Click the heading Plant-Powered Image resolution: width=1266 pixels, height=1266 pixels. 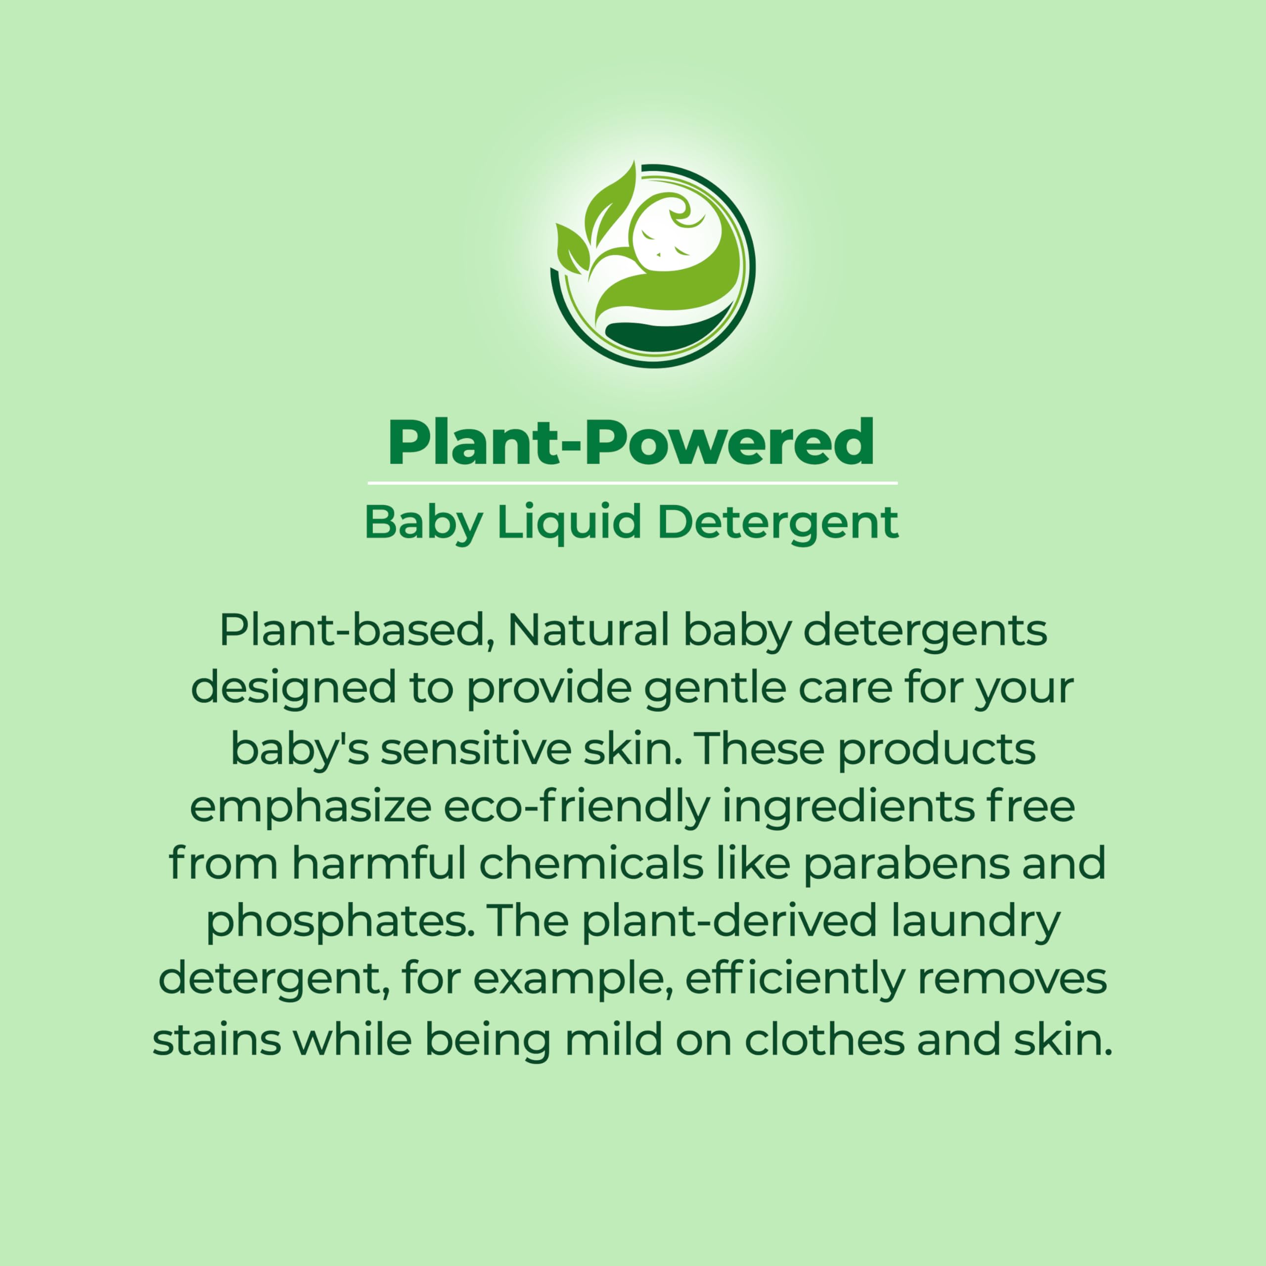631,443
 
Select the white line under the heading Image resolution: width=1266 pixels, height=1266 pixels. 633,483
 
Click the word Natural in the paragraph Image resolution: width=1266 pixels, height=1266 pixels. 588,631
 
